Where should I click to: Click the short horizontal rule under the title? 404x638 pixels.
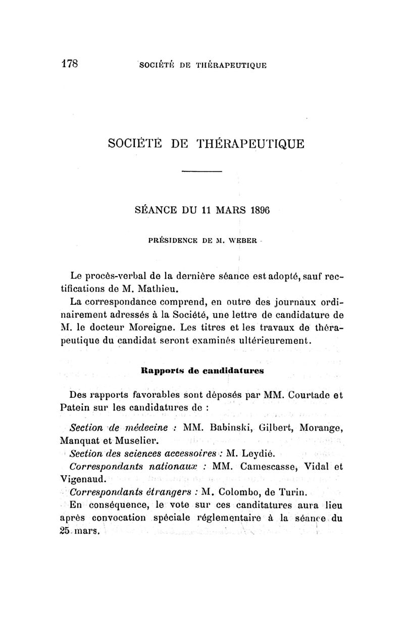[x=201, y=172]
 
